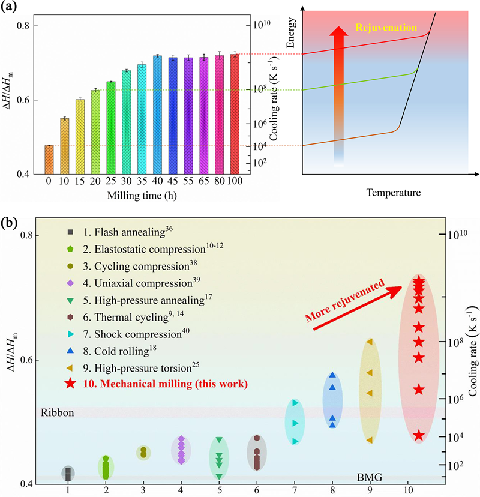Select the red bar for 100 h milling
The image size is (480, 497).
point(235,114)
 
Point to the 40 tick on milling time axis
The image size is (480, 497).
point(157,181)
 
